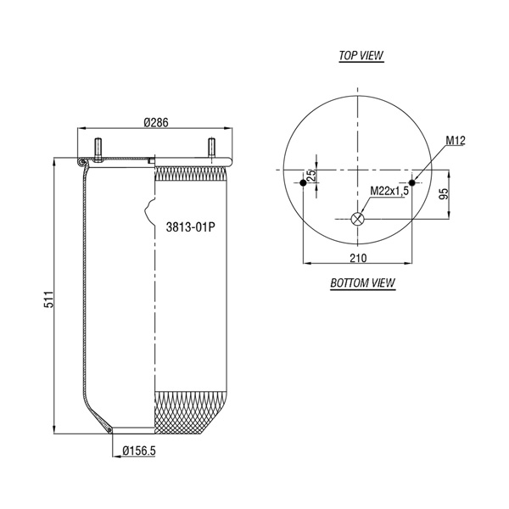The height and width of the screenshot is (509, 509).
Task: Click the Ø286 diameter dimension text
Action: pyautogui.click(x=156, y=123)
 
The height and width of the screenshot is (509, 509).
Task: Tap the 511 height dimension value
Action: pyautogui.click(x=48, y=299)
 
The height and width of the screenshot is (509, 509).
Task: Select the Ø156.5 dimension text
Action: pyautogui.click(x=139, y=450)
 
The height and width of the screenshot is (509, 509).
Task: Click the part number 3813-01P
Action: pyautogui.click(x=190, y=227)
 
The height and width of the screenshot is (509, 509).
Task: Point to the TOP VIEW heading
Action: pyautogui.click(x=361, y=55)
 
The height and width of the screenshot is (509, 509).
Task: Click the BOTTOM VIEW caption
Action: pyautogui.click(x=362, y=282)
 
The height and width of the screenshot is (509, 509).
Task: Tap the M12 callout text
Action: pyautogui.click(x=456, y=141)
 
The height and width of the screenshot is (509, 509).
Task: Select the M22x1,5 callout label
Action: pyautogui.click(x=389, y=191)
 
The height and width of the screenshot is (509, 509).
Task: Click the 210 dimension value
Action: pyautogui.click(x=358, y=258)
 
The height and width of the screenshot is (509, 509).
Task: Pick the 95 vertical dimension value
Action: pyautogui.click(x=444, y=193)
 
